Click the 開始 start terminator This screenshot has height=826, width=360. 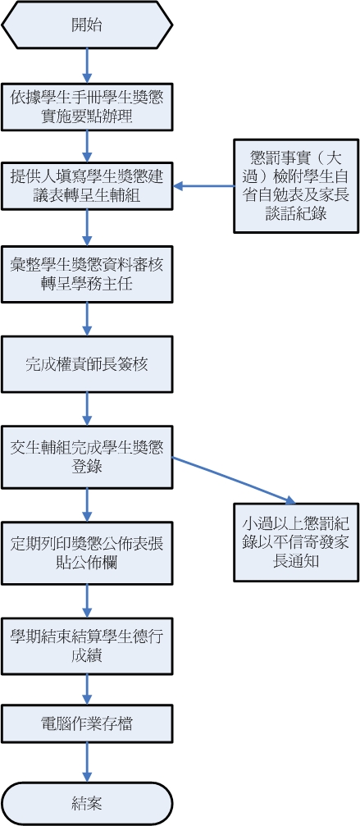pos(87,25)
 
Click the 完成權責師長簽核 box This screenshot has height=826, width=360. pos(87,363)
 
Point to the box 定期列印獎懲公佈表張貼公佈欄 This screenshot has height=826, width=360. pos(87,542)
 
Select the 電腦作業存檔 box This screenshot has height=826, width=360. pos(87,723)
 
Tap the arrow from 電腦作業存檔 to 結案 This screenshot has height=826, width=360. pos(87,762)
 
